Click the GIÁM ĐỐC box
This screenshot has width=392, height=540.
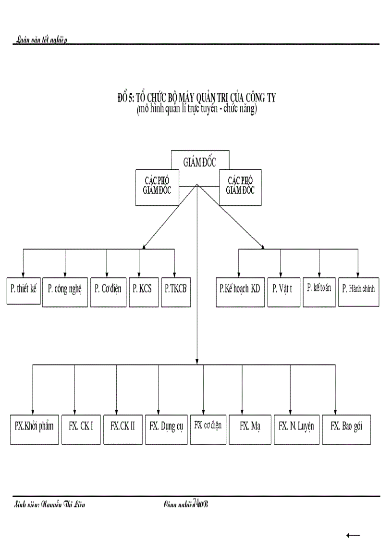(x=200, y=162)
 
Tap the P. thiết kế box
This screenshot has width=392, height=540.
(x=24, y=291)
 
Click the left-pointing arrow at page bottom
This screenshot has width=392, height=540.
(x=353, y=535)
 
